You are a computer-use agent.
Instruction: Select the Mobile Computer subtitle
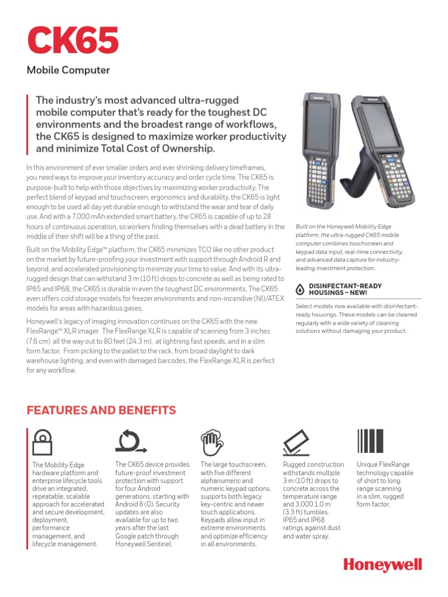tap(68, 71)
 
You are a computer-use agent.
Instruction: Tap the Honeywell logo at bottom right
tap(382, 565)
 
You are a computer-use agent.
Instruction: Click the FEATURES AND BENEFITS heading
tap(101, 410)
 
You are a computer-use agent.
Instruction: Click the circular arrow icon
tap(131, 441)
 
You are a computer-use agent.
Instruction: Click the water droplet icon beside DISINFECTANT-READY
tap(300, 288)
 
